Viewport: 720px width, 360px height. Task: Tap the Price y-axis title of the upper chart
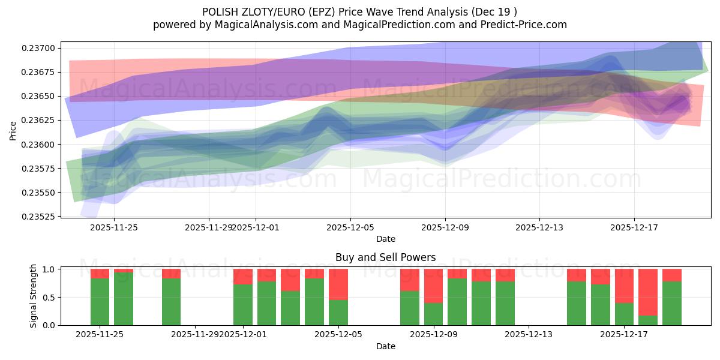13,130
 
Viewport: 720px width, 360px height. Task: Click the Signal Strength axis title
34,296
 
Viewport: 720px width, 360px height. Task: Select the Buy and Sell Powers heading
385,257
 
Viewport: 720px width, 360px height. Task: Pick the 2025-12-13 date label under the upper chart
539,227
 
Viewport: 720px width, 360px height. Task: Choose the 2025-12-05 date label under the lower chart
338,334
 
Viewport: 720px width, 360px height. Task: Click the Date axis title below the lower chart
385,346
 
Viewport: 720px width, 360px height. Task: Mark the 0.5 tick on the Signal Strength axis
50,298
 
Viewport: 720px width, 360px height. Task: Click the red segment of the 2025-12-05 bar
338,284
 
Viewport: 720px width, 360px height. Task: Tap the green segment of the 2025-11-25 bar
100,302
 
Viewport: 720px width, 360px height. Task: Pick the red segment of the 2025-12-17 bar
624,286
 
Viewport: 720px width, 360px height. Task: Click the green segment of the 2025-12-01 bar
243,305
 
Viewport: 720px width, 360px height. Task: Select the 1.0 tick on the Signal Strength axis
50,269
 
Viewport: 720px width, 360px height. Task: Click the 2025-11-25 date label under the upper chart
114,227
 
